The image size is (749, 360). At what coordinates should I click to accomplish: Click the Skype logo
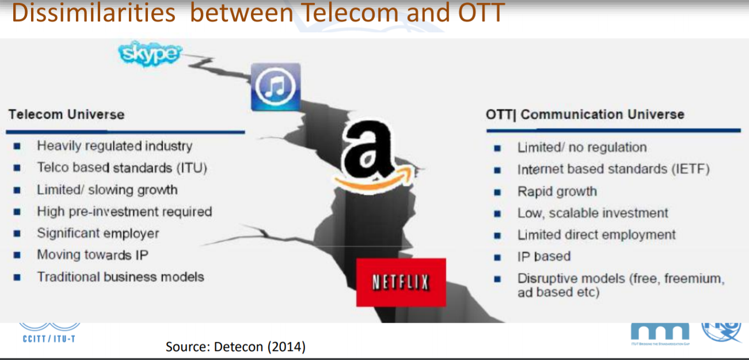[150, 54]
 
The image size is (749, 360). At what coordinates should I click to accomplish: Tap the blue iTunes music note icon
[276, 87]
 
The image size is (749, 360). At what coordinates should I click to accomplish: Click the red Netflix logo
[401, 282]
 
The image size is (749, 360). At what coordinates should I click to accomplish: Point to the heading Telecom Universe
[67, 115]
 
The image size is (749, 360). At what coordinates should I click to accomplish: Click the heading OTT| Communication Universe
[585, 115]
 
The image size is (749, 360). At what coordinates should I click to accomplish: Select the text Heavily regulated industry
[115, 146]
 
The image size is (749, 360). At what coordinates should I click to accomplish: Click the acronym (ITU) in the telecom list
[192, 168]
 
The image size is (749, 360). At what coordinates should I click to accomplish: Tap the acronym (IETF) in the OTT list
[691, 169]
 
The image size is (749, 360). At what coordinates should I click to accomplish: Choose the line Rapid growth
[557, 192]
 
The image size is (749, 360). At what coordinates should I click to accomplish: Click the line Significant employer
[98, 233]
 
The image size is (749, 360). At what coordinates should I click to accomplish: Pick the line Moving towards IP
[93, 255]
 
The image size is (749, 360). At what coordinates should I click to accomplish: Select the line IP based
[544, 257]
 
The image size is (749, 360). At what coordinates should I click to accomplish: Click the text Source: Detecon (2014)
[235, 347]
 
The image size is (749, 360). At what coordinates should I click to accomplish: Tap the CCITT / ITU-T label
[49, 339]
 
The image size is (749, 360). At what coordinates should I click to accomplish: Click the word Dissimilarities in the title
[94, 13]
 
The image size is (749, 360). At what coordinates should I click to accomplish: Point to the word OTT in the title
[481, 13]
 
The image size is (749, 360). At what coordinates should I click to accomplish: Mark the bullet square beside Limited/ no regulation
[497, 148]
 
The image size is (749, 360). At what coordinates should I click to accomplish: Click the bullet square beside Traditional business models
[17, 278]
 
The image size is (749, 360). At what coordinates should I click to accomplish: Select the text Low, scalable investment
[593, 213]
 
